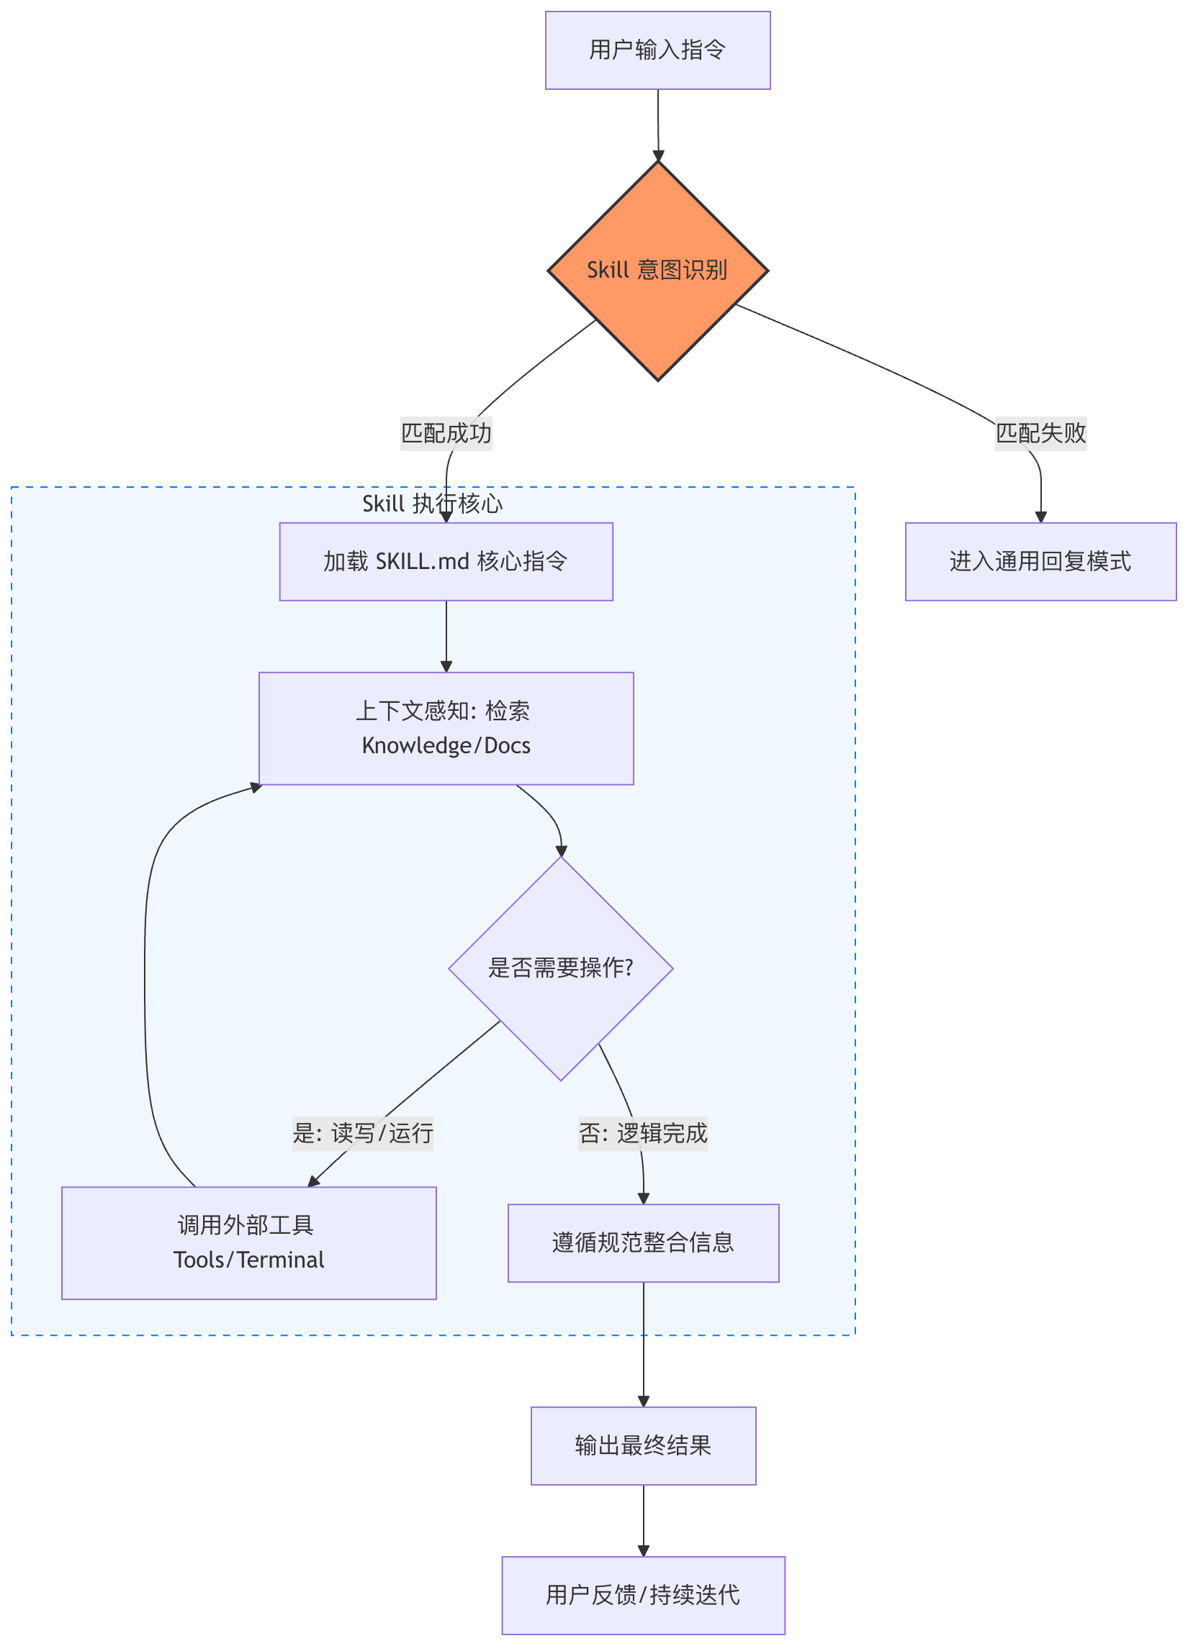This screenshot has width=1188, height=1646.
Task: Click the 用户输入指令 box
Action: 657,50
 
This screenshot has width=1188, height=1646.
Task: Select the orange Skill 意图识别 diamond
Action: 657,270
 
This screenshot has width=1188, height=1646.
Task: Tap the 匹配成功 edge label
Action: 446,433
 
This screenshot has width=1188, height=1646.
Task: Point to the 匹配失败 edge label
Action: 1040,433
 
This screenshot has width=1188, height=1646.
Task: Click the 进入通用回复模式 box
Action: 1040,561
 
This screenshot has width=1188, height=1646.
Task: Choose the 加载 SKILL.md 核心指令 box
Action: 446,561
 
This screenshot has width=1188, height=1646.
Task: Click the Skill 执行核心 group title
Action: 432,504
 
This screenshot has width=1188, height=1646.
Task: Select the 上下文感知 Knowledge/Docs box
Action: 446,728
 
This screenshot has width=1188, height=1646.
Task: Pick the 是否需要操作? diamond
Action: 561,968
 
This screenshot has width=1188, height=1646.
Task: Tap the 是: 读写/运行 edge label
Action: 362,1133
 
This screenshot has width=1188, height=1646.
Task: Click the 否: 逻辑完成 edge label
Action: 643,1133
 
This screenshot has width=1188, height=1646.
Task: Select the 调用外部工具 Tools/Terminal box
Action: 248,1242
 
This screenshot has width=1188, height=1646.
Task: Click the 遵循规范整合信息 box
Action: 643,1242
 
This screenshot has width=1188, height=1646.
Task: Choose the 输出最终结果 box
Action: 643,1445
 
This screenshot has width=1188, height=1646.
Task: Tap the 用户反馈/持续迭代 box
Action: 643,1594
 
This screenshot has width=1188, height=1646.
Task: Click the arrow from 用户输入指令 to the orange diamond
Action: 658,123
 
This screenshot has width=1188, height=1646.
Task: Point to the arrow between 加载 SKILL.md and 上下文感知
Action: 446,635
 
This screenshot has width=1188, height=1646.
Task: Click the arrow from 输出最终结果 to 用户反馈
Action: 644,1519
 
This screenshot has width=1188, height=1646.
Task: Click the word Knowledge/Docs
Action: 446,746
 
